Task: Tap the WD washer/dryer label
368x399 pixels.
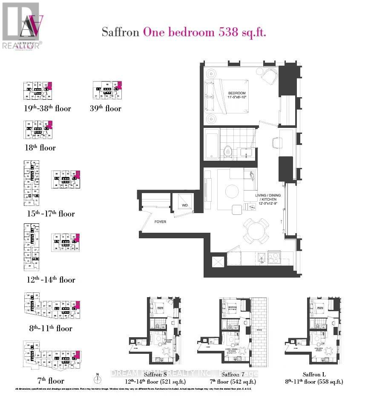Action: [185, 205]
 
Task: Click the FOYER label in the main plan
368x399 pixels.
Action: [160, 222]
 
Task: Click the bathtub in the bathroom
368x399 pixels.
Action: [211, 144]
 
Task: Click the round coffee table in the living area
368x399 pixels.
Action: [232, 191]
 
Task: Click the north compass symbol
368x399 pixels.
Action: [97, 379]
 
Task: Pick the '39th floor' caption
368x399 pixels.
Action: [107, 108]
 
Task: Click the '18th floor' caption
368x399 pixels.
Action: [40, 148]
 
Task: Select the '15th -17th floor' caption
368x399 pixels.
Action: [49, 214]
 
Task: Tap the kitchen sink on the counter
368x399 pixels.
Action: [261, 257]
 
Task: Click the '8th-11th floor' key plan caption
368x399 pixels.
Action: [48, 328]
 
